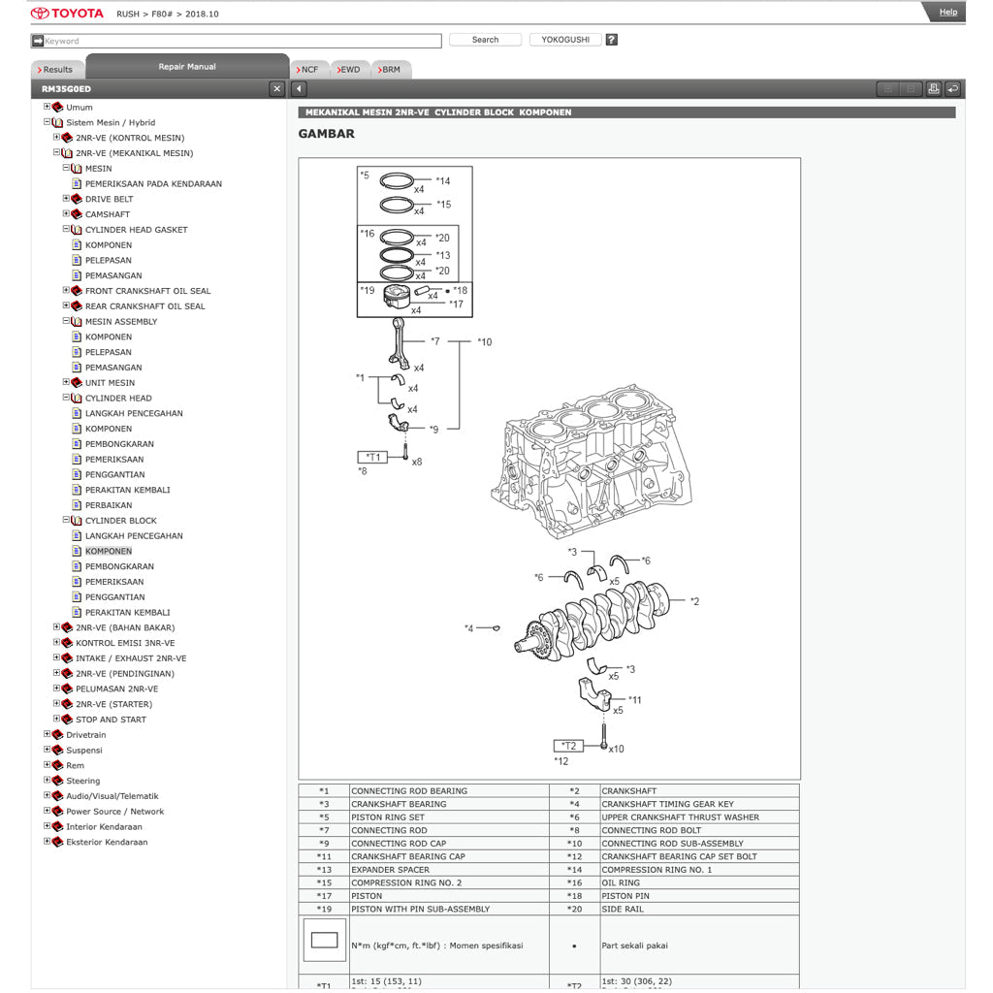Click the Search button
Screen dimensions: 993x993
pos(485,40)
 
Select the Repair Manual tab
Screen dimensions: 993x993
pos(187,67)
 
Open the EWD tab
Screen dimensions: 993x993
pos(350,70)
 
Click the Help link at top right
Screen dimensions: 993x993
pos(947,13)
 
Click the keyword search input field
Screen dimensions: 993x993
pos(238,41)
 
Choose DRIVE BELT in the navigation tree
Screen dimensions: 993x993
pos(109,199)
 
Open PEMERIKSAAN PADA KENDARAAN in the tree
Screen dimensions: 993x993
pos(153,183)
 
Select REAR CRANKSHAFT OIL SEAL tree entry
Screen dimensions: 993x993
pos(144,306)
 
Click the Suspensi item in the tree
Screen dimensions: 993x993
pos(83,751)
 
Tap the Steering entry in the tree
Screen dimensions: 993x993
pos(82,781)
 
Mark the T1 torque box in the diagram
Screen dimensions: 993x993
pos(372,457)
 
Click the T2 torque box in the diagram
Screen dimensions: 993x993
pos(568,746)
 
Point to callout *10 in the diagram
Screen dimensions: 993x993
pos(484,342)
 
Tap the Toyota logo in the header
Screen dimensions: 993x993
pos(67,14)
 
